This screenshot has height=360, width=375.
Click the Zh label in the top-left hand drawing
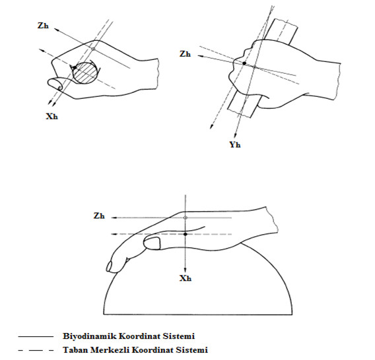click(x=43, y=25)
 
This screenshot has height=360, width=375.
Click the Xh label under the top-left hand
click(x=52, y=116)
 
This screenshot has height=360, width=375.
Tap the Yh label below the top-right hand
click(x=235, y=144)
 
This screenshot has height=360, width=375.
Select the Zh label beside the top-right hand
click(x=185, y=54)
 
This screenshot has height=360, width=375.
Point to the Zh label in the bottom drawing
click(x=99, y=216)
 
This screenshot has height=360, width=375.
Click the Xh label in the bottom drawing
click(x=186, y=278)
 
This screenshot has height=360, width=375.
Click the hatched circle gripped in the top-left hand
click(x=86, y=73)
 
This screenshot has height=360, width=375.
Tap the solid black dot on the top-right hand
click(x=244, y=63)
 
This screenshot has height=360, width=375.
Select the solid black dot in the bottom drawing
click(x=186, y=234)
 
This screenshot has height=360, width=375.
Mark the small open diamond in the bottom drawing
click(x=186, y=218)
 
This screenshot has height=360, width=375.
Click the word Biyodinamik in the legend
click(x=90, y=336)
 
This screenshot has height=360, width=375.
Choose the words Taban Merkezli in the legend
click(x=96, y=350)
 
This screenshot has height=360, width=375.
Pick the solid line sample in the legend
click(x=36, y=336)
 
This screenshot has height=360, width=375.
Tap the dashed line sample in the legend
click(x=36, y=351)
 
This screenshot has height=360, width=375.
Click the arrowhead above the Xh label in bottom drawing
click(x=186, y=270)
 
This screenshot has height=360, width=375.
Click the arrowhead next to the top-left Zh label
click(x=57, y=30)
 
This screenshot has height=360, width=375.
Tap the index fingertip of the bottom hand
click(x=110, y=266)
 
